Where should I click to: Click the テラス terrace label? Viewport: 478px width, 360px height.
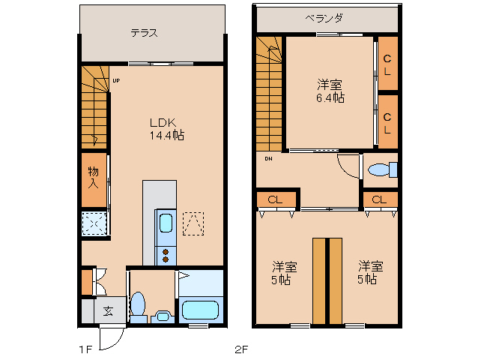point(144,33)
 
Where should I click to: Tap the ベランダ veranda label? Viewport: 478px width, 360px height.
point(324,18)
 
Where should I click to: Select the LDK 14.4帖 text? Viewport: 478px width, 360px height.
point(166,129)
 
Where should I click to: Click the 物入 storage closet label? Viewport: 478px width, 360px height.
point(94,177)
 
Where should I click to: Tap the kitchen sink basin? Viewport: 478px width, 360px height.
point(166,223)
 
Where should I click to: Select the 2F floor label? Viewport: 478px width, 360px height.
point(241,349)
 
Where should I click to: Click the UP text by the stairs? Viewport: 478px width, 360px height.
point(116,80)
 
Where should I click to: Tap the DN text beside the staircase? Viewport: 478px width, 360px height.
point(268,158)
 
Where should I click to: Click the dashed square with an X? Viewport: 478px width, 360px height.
point(94,223)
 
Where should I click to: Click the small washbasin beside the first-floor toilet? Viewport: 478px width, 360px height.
point(162,316)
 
